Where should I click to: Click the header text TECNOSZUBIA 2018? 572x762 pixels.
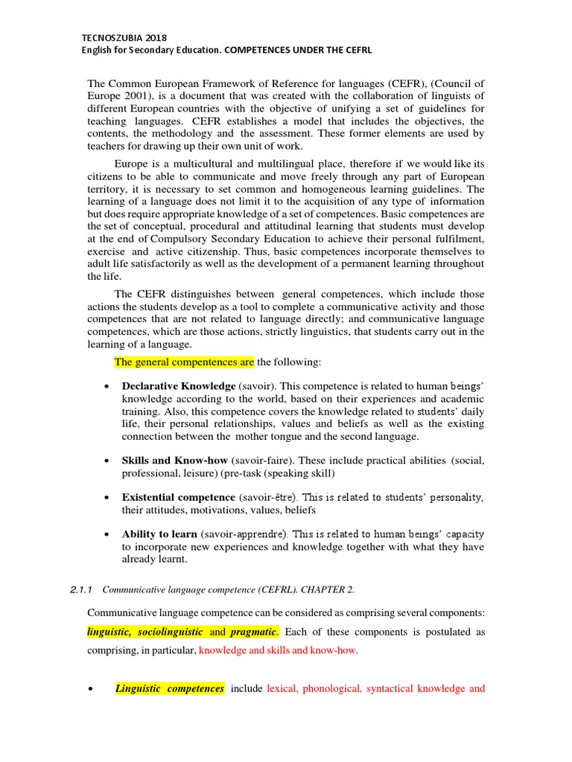(124, 36)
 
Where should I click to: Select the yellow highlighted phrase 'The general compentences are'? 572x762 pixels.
(184, 362)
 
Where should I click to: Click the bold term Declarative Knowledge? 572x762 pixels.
(179, 387)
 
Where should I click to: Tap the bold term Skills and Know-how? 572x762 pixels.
(175, 460)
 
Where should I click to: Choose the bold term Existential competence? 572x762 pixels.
(178, 497)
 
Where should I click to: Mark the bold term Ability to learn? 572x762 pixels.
(159, 534)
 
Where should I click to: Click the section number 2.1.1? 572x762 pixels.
(80, 590)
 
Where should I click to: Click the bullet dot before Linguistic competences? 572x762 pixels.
(92, 689)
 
